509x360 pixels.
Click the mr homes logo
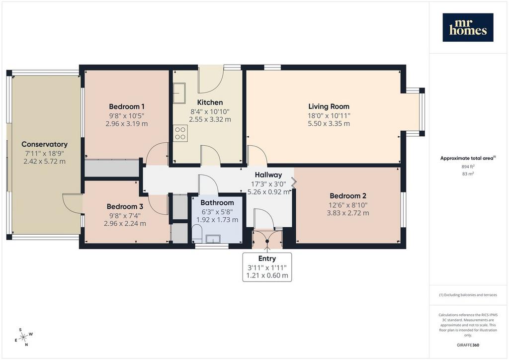pyautogui.click(x=468, y=27)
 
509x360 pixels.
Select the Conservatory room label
pyautogui.click(x=44, y=144)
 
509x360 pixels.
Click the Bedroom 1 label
pyautogui.click(x=127, y=106)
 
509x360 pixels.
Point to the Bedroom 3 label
pyautogui.click(x=125, y=206)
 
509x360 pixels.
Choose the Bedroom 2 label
pyautogui.click(x=348, y=196)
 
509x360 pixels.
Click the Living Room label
pyautogui.click(x=329, y=106)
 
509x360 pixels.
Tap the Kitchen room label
pyautogui.click(x=210, y=102)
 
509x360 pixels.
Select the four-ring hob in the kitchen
pyautogui.click(x=180, y=133)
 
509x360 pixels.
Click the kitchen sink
pyautogui.click(x=179, y=93)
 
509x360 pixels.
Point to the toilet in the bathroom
pyautogui.click(x=197, y=234)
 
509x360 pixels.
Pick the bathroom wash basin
pyautogui.click(x=213, y=239)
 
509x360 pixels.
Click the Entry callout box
pyautogui.click(x=267, y=267)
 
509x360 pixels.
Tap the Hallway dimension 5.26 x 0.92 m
pyautogui.click(x=268, y=192)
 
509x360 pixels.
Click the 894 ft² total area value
pyautogui.click(x=468, y=167)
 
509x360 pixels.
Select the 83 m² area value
pyautogui.click(x=468, y=174)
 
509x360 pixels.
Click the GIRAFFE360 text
pyautogui.click(x=468, y=345)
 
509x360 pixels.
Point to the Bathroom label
pyautogui.click(x=217, y=202)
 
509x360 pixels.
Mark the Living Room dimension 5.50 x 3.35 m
pyautogui.click(x=329, y=123)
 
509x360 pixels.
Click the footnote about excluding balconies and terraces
pyautogui.click(x=468, y=295)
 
